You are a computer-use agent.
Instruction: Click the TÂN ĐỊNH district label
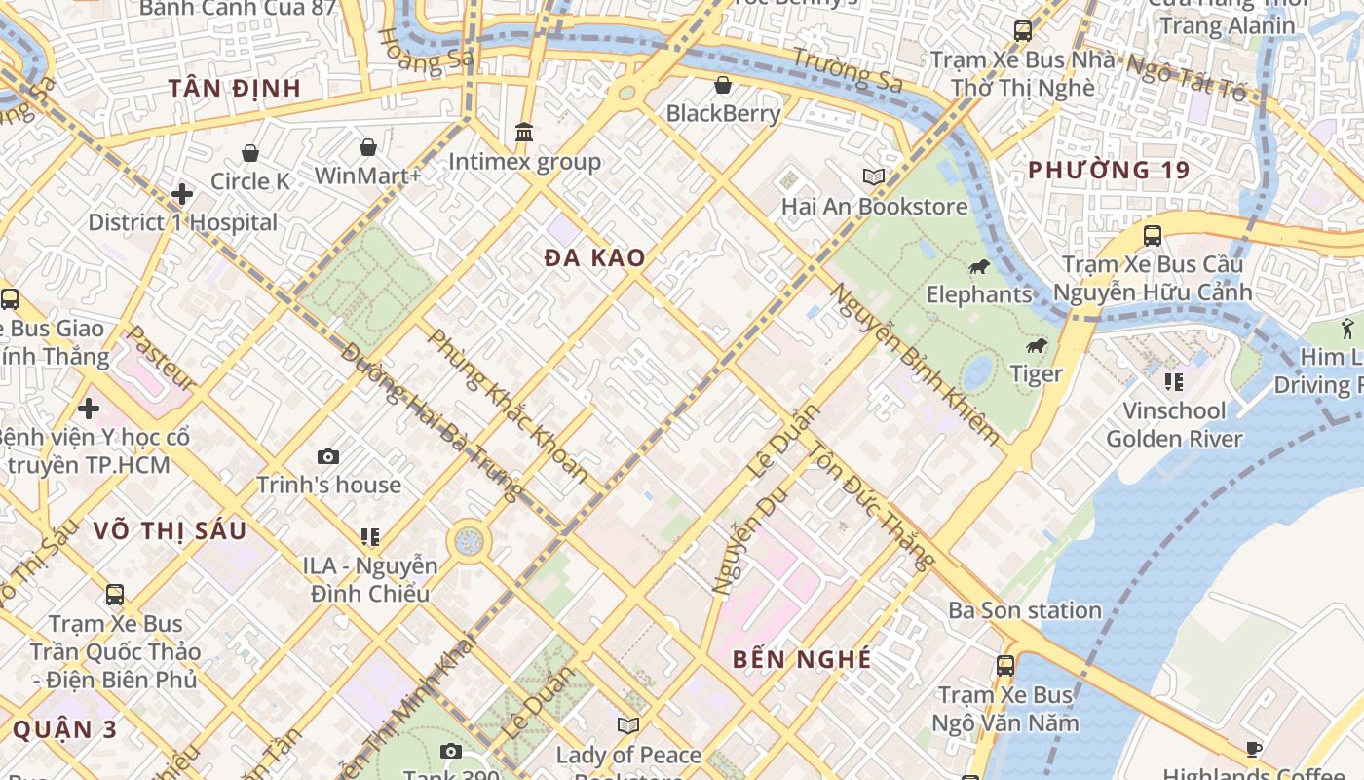234,89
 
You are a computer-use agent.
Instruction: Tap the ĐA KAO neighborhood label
594,258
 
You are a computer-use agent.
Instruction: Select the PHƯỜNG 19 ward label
1109,171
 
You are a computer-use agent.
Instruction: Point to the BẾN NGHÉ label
802,660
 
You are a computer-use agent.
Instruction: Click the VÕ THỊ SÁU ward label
170,531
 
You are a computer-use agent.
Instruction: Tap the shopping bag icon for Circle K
250,153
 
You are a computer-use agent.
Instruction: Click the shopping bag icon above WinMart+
367,147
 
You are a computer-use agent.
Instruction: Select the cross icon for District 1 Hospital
181,194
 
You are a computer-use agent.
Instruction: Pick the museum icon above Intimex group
524,132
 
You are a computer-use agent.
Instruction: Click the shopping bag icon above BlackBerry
723,85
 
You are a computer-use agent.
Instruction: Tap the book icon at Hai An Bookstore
874,177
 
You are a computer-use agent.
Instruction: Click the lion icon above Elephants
978,266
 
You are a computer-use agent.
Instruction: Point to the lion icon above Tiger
1037,346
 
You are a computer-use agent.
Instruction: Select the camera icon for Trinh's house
328,456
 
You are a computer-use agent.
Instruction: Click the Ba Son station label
1025,611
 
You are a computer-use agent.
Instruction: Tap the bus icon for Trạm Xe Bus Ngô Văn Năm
1004,666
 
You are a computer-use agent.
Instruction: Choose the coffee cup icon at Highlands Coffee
1253,749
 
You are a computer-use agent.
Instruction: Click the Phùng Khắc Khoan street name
508,407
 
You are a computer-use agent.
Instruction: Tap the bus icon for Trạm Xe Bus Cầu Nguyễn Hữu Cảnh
1152,235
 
